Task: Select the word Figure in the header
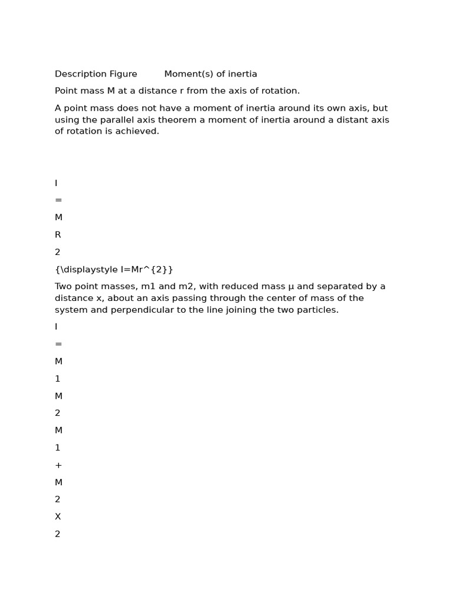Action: [x=124, y=74]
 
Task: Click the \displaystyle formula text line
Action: [x=114, y=270]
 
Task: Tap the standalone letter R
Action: [x=58, y=235]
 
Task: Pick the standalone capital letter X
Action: [x=58, y=517]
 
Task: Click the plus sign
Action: [x=58, y=465]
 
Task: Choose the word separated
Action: [x=339, y=287]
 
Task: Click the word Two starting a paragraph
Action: [x=64, y=287]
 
